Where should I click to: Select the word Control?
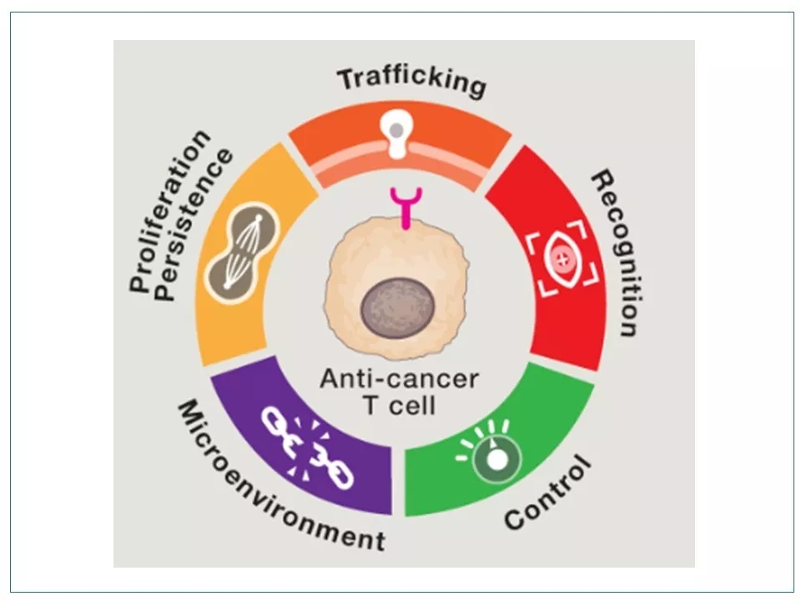coord(547,493)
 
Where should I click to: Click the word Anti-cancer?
coord(399,380)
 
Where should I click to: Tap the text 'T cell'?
coord(399,407)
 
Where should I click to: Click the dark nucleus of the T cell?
coord(396,306)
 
